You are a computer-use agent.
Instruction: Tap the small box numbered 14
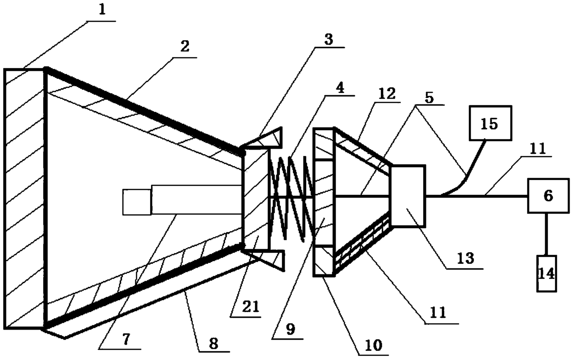pyautogui.click(x=547, y=273)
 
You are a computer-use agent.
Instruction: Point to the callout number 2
pyautogui.click(x=184, y=46)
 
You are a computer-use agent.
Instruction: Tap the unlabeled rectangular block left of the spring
pyautogui.click(x=255, y=198)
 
